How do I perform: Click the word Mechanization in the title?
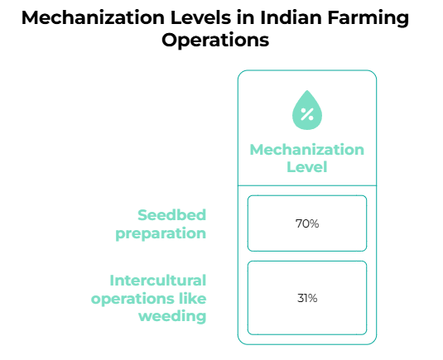pyautogui.click(x=93, y=17)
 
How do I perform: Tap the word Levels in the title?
pyautogui.click(x=200, y=17)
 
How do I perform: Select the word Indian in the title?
pyautogui.click(x=291, y=17)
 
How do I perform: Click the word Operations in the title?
pyautogui.click(x=215, y=41)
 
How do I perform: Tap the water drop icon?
pyautogui.click(x=307, y=110)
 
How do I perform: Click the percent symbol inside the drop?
pyautogui.click(x=307, y=114)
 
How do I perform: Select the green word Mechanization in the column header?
pyautogui.click(x=307, y=150)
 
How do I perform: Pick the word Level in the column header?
pyautogui.click(x=307, y=167)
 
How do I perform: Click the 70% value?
pyautogui.click(x=307, y=223)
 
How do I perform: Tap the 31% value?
pyautogui.click(x=307, y=298)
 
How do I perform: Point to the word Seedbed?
pyautogui.click(x=171, y=215)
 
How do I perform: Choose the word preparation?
pyautogui.click(x=161, y=234)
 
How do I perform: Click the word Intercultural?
pyautogui.click(x=158, y=281)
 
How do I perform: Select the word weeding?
pyautogui.click(x=172, y=316)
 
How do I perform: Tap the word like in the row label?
pyautogui.click(x=193, y=299)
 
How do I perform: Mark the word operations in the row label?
pyautogui.click(x=132, y=300)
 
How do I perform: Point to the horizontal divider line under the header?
pyautogui.click(x=307, y=185)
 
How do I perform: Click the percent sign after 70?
pyautogui.click(x=314, y=223)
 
